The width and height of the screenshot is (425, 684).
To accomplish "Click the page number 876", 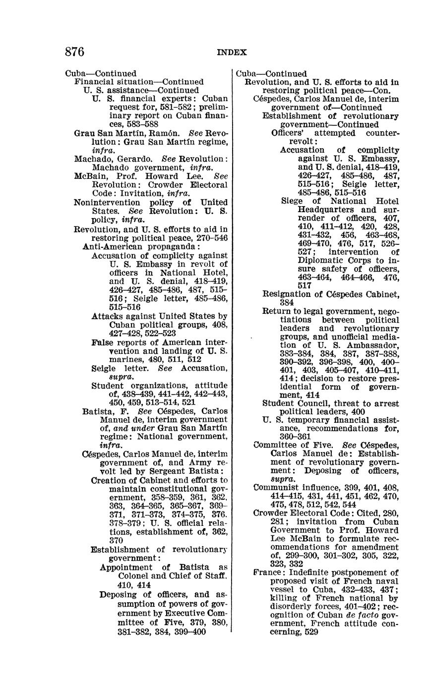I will tap(74, 52).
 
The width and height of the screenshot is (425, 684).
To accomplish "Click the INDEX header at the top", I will tap(231, 53).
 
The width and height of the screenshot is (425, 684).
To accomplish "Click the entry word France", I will tap(268, 572).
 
